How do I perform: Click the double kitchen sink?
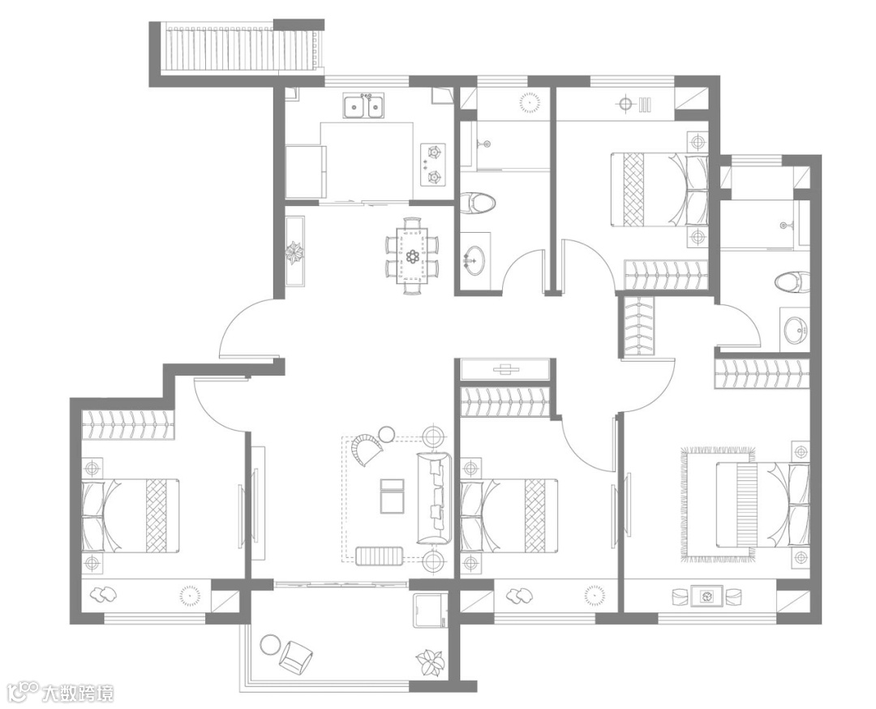click(364, 106)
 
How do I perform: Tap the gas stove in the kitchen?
click(433, 164)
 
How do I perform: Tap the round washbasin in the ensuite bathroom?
click(796, 329)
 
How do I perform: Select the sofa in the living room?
click(433, 498)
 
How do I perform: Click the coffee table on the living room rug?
click(392, 495)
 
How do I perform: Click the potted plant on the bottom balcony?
click(429, 663)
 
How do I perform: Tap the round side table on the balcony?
click(270, 644)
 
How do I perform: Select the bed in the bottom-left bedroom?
click(131, 515)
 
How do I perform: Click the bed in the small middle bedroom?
click(509, 515)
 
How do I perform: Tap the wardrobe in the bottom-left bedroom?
click(128, 424)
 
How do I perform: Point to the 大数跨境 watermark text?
click(78, 694)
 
